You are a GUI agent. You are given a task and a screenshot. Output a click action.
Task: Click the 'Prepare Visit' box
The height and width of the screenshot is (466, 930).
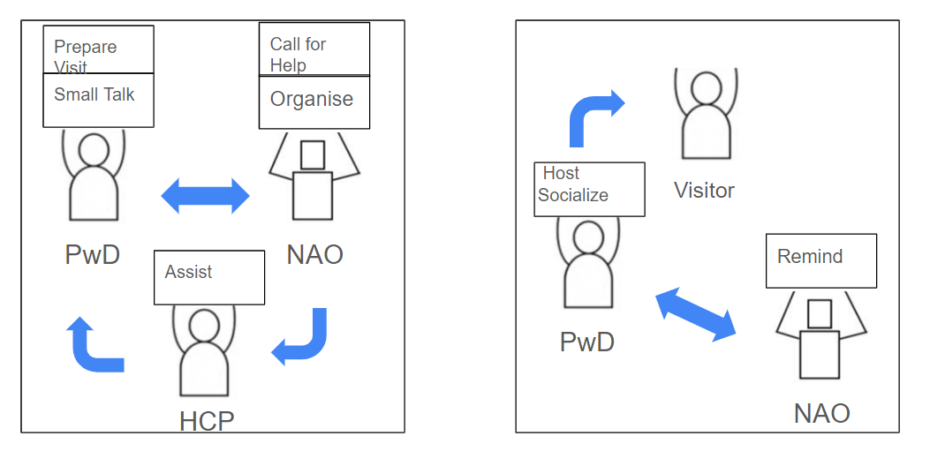point(98,49)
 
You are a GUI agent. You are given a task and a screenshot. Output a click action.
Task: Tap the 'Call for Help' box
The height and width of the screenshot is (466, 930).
point(314,49)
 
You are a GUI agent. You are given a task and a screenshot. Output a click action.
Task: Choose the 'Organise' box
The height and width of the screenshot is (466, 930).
point(314,102)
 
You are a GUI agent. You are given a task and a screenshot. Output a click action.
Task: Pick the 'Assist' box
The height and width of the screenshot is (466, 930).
point(209,277)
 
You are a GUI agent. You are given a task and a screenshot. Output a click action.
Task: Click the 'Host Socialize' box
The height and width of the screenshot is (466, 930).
point(589,189)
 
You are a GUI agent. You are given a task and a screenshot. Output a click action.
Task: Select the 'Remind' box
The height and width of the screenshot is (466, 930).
point(820,260)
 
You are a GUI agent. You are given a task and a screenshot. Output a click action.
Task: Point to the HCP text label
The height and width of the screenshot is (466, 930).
point(207,421)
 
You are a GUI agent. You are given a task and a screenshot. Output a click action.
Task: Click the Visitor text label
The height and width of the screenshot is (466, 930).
point(704,190)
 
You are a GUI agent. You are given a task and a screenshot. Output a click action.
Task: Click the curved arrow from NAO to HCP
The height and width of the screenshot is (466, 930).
point(303,340)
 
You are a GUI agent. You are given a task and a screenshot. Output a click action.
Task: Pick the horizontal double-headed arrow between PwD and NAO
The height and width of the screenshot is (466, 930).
point(206,195)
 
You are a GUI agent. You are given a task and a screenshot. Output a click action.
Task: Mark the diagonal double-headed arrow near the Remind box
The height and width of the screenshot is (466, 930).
point(696,313)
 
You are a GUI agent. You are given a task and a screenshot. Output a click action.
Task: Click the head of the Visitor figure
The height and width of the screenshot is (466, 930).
point(705,88)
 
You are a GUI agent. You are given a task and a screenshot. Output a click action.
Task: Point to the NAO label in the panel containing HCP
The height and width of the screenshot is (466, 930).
point(314,255)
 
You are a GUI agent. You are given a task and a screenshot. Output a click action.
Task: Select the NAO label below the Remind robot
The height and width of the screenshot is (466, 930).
point(821,412)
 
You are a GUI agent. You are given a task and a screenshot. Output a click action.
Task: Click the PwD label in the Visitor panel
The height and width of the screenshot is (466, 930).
point(587,342)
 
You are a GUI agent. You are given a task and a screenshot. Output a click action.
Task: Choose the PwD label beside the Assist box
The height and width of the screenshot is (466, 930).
point(93,255)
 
